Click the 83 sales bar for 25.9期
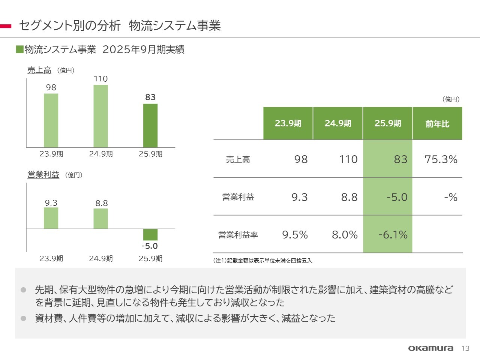click(150, 126)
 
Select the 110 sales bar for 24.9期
click(100, 116)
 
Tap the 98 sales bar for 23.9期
click(51, 120)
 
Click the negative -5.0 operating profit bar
click(150, 234)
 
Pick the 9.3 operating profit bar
click(51, 218)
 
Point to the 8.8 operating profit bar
click(100, 219)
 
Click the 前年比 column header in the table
click(437, 123)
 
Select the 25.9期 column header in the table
click(388, 123)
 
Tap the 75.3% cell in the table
click(441, 159)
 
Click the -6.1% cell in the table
click(393, 235)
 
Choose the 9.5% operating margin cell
click(295, 235)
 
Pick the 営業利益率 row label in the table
click(238, 235)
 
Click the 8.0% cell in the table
click(345, 235)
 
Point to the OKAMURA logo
click(430, 348)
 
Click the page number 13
click(465, 348)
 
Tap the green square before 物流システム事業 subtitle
click(19, 49)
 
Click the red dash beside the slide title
click(6, 26)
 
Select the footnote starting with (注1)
click(262, 260)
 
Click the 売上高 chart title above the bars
click(39, 70)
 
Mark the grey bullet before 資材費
click(24, 318)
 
